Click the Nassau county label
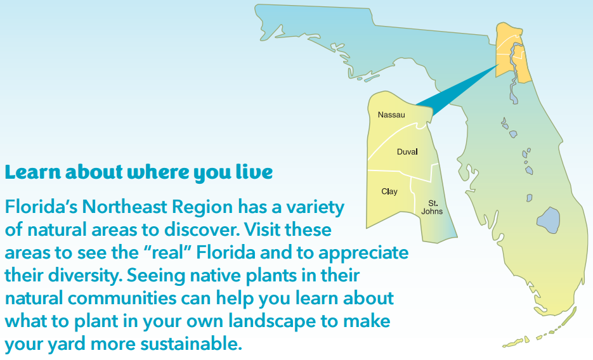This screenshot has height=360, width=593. point(391,115)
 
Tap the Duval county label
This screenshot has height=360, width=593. point(407,152)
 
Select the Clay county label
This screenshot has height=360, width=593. point(389,191)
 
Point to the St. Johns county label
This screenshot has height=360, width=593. point(433,207)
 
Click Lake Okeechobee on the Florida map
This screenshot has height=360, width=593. point(548,220)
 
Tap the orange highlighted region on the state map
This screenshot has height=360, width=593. point(514,53)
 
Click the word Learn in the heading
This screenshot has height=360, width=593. point(32,172)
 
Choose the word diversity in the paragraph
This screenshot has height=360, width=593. point(86,276)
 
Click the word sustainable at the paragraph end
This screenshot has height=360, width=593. point(191,344)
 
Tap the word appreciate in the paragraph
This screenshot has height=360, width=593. point(363,253)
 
